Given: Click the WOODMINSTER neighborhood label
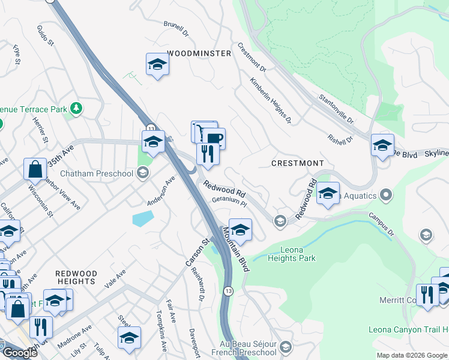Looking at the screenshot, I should pyautogui.click(x=199, y=53).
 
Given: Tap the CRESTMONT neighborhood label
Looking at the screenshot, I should pyautogui.click(x=297, y=163).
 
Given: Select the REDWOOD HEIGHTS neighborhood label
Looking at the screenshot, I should pyautogui.click(x=76, y=277).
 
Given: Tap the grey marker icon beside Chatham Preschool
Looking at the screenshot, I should pyautogui.click(x=143, y=174).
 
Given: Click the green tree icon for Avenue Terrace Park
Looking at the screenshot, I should pyautogui.click(x=76, y=108).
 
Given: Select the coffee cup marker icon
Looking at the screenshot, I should pyautogui.click(x=214, y=139).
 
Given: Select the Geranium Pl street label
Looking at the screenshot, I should pyautogui.click(x=229, y=203).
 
